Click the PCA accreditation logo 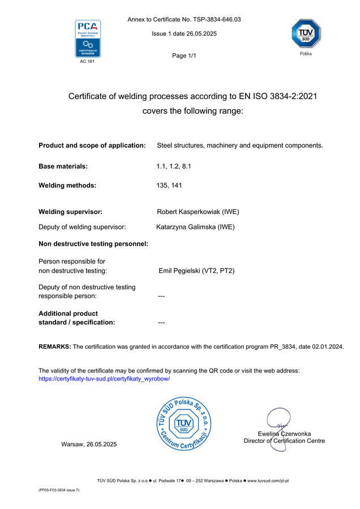point(88,39)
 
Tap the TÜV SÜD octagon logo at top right point(305,34)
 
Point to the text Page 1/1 point(183,55)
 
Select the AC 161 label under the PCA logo point(87,62)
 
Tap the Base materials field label point(63,166)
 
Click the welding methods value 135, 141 point(169,185)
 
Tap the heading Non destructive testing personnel point(93,244)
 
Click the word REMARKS point(54,346)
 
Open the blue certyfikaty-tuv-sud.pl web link point(104,379)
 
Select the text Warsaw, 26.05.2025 point(89,444)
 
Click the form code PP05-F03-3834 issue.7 point(55,490)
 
